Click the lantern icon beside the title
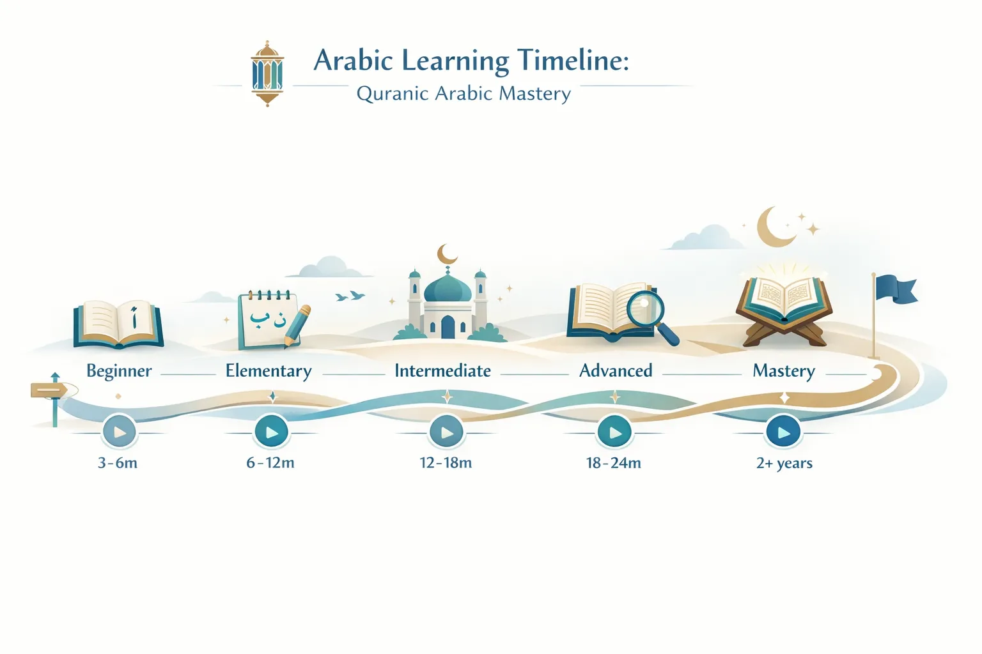tap(267, 73)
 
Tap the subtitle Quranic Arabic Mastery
tap(464, 94)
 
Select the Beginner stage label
tap(119, 371)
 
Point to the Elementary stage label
tap(269, 371)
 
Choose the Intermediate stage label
tap(442, 371)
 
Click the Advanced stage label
tap(616, 371)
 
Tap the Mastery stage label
tap(784, 371)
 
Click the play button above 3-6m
tap(120, 432)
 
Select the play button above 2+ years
tap(783, 432)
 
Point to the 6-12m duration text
tap(270, 462)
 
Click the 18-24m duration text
tap(614, 462)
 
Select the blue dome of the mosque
tap(448, 289)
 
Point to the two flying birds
tap(350, 296)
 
